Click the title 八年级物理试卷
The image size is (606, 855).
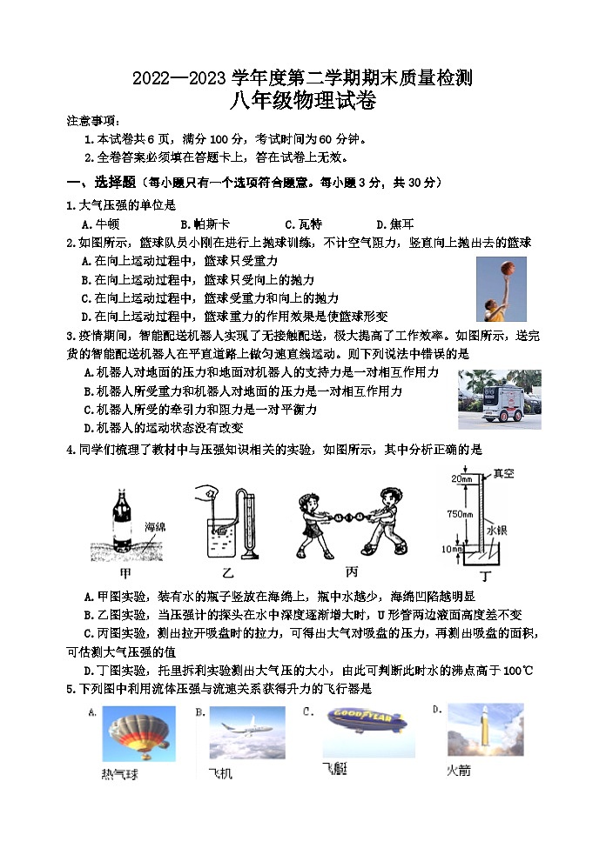coord(302,101)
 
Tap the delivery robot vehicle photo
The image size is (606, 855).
coord(499,399)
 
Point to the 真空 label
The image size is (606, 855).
coord(504,474)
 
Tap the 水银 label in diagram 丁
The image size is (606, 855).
coord(497,530)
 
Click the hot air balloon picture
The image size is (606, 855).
coord(139,731)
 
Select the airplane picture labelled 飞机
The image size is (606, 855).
coord(246,731)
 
